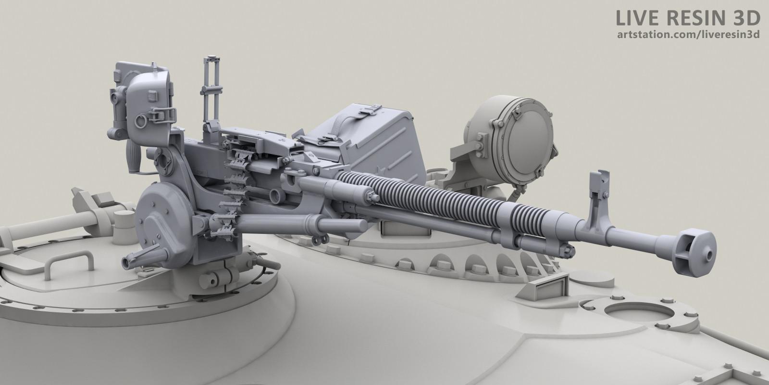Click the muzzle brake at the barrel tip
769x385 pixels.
point(694,253)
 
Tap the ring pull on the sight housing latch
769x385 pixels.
point(141,121)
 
